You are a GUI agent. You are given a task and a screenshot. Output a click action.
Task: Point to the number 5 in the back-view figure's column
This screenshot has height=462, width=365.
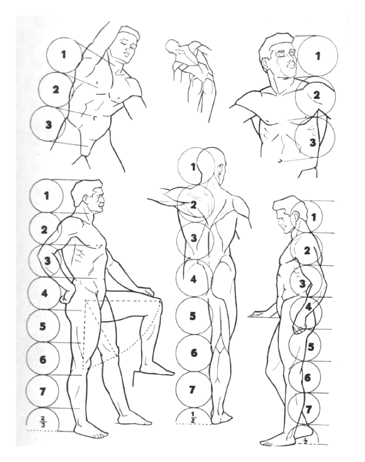[193, 316]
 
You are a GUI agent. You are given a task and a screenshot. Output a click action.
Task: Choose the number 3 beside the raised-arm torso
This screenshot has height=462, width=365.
[49, 125]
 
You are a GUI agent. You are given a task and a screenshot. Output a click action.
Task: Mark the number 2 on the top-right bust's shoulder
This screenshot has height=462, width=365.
[316, 95]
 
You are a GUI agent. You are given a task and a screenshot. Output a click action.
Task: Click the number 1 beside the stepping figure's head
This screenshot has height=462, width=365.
[46, 196]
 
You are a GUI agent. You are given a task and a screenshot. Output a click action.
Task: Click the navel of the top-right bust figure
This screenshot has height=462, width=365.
[280, 160]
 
